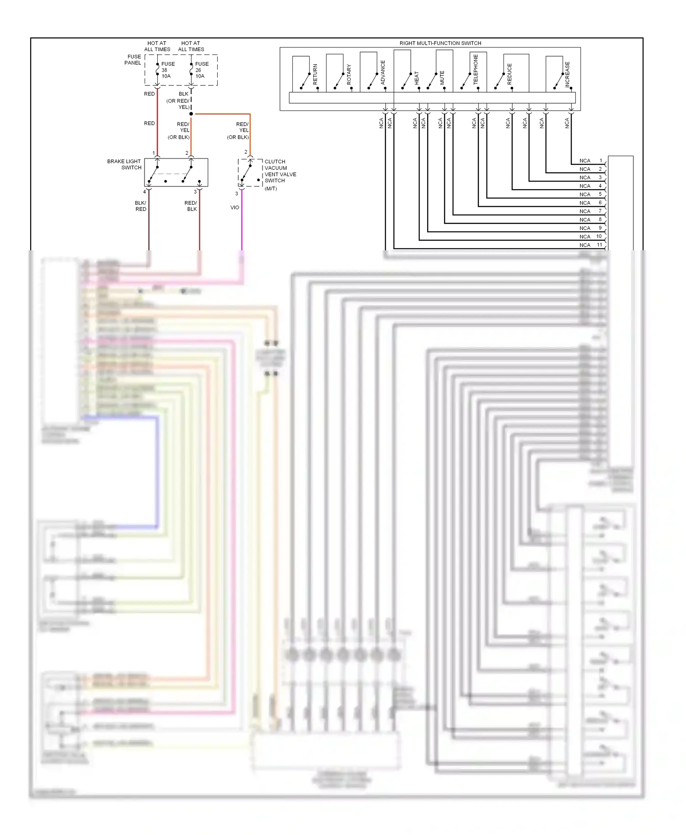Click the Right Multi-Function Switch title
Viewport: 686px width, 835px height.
[x=440, y=43]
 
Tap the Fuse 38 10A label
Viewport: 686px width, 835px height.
[x=168, y=70]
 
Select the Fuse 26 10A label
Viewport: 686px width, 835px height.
[x=202, y=70]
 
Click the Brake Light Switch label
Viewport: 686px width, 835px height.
[x=124, y=164]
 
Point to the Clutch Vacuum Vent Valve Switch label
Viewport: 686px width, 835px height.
[x=280, y=171]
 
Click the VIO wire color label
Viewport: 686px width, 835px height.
[x=235, y=207]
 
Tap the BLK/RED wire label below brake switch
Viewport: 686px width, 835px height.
[x=140, y=206]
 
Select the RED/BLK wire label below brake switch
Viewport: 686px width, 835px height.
[x=191, y=206]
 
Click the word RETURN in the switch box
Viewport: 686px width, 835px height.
[x=315, y=74]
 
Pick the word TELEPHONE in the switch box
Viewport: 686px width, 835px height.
[x=476, y=69]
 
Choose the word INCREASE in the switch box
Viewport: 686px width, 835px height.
[x=568, y=74]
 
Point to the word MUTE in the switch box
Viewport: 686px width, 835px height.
[x=442, y=77]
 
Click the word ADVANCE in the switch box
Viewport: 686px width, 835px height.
[x=383, y=72]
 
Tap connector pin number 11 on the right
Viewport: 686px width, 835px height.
[x=599, y=245]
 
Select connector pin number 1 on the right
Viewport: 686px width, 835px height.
[x=600, y=161]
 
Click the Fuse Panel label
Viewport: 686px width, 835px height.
[x=133, y=60]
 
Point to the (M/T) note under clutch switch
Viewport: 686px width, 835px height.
[x=271, y=189]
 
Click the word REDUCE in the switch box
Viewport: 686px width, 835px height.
[x=509, y=74]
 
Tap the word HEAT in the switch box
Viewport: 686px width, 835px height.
[x=417, y=77]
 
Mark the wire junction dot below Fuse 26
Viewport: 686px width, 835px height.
[x=191, y=114]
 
